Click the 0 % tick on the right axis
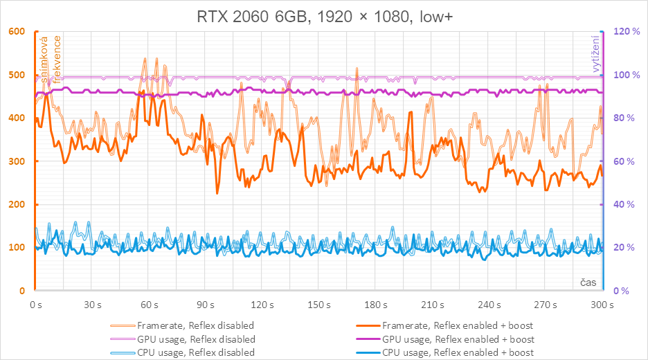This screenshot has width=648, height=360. point(620,291)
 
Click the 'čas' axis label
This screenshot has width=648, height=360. point(588,282)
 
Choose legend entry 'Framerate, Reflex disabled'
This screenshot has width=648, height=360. point(195,325)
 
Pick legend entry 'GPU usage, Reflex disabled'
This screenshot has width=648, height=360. point(196,339)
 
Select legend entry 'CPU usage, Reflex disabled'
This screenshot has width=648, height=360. point(196,352)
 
